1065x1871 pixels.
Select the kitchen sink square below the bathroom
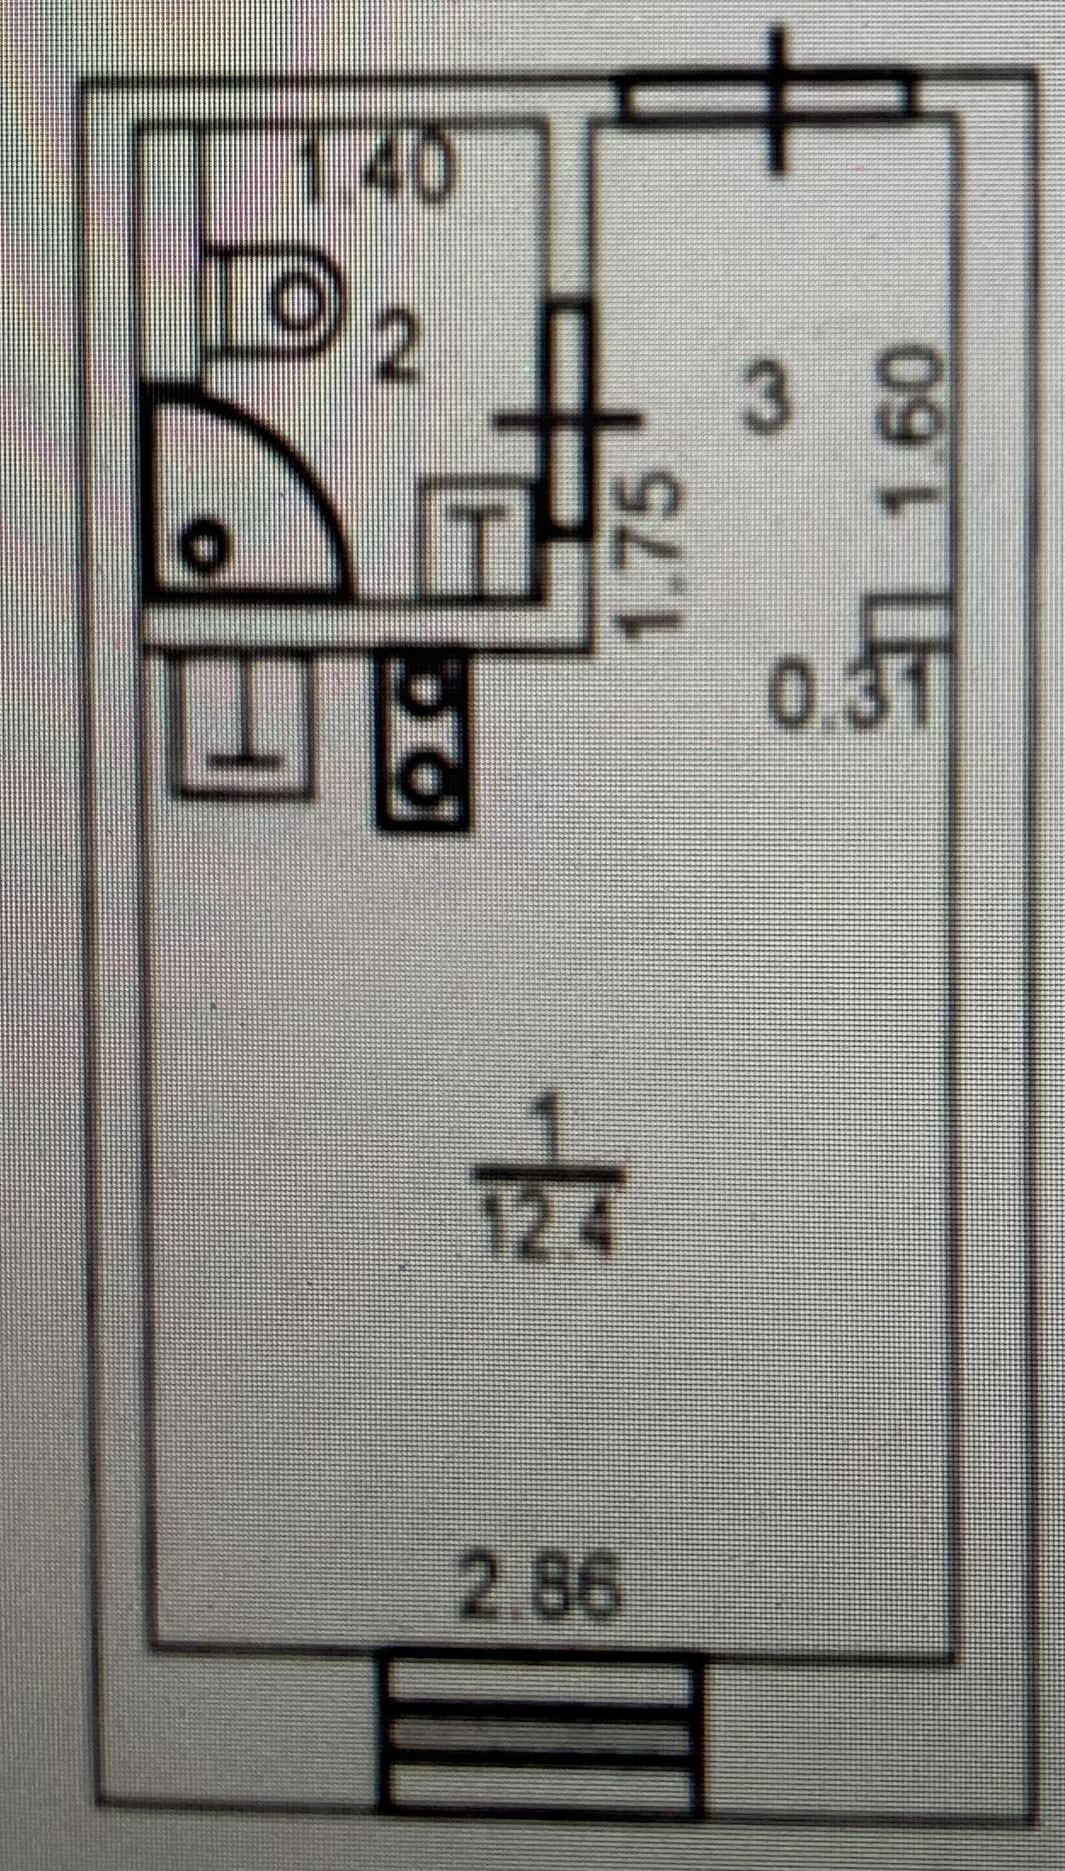click(244, 724)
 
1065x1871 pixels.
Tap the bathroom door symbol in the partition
click(566, 421)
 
